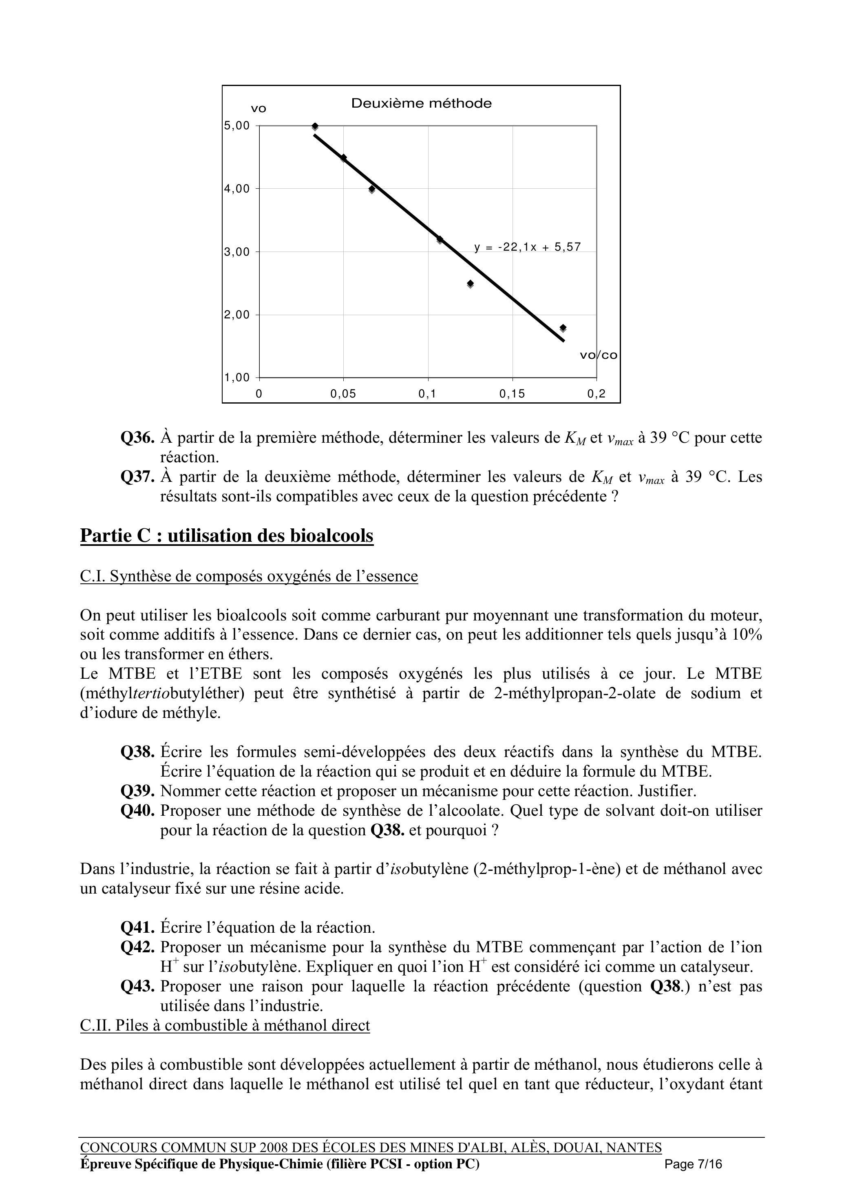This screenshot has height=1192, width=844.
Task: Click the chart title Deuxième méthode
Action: [421, 104]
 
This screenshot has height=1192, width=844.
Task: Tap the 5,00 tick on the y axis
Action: [237, 126]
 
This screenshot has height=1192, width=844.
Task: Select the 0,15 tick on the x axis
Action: [513, 394]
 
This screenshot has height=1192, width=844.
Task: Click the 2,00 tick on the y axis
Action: [237, 315]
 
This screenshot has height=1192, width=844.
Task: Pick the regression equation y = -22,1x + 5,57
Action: [527, 247]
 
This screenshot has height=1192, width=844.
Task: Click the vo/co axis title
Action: [598, 355]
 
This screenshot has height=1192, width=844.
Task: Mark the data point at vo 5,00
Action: [315, 126]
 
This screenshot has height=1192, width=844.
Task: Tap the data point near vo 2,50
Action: [471, 284]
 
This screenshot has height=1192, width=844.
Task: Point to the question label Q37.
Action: [138, 477]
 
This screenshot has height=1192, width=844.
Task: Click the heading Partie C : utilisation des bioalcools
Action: [227, 536]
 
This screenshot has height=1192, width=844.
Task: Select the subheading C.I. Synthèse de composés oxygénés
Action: [249, 576]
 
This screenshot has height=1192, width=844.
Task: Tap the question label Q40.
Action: [138, 810]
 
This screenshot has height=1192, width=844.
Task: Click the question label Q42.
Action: [138, 947]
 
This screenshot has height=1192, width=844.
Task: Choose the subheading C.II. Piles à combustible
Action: [225, 1025]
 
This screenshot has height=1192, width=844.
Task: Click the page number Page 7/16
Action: [693, 1164]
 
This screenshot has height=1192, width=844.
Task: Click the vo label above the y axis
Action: [258, 108]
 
